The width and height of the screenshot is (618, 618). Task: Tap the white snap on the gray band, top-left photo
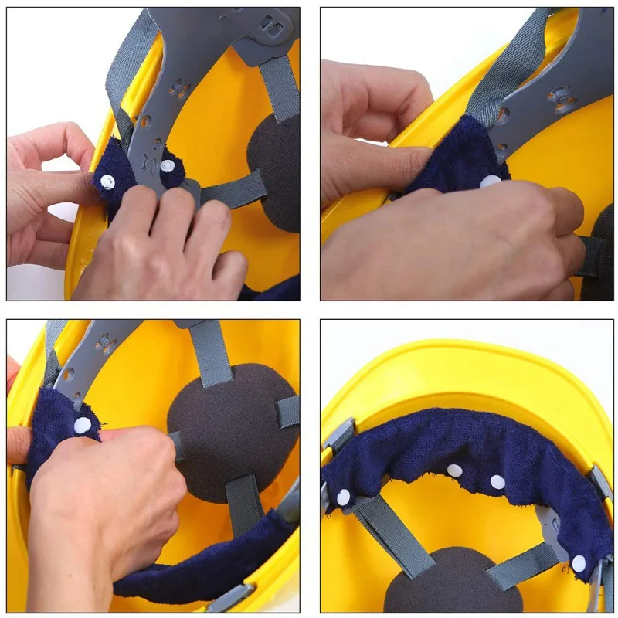(169, 165)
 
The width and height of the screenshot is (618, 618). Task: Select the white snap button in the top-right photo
(490, 182)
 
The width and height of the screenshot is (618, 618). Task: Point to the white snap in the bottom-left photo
(83, 424)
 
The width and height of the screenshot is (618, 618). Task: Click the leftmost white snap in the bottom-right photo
(343, 497)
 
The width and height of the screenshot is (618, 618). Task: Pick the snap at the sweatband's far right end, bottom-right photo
(579, 563)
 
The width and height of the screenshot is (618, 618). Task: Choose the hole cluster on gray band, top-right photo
(562, 98)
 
